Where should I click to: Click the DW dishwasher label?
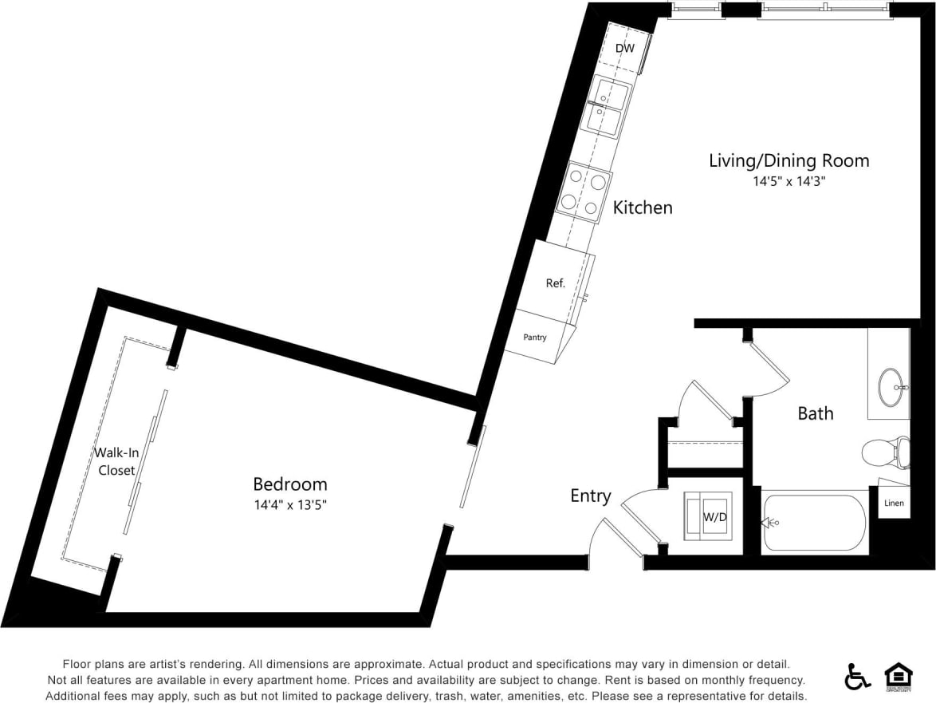(x=625, y=49)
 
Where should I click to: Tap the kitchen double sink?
(x=608, y=108)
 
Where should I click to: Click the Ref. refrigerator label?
(x=555, y=283)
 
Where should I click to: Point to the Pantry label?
(x=535, y=338)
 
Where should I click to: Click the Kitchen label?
(x=642, y=207)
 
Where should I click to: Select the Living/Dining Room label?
(x=789, y=160)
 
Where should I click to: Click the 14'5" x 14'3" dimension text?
(x=789, y=182)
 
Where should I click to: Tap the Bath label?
(x=815, y=413)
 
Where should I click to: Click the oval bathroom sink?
(x=892, y=388)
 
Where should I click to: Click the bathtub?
(x=813, y=523)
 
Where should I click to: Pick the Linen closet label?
(x=894, y=504)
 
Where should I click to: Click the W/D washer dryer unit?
(x=705, y=516)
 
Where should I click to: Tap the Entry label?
(x=590, y=496)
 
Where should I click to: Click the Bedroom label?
(x=289, y=484)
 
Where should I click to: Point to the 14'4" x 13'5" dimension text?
(x=289, y=505)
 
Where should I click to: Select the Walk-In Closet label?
(x=116, y=461)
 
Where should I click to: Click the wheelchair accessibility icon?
(x=857, y=677)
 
